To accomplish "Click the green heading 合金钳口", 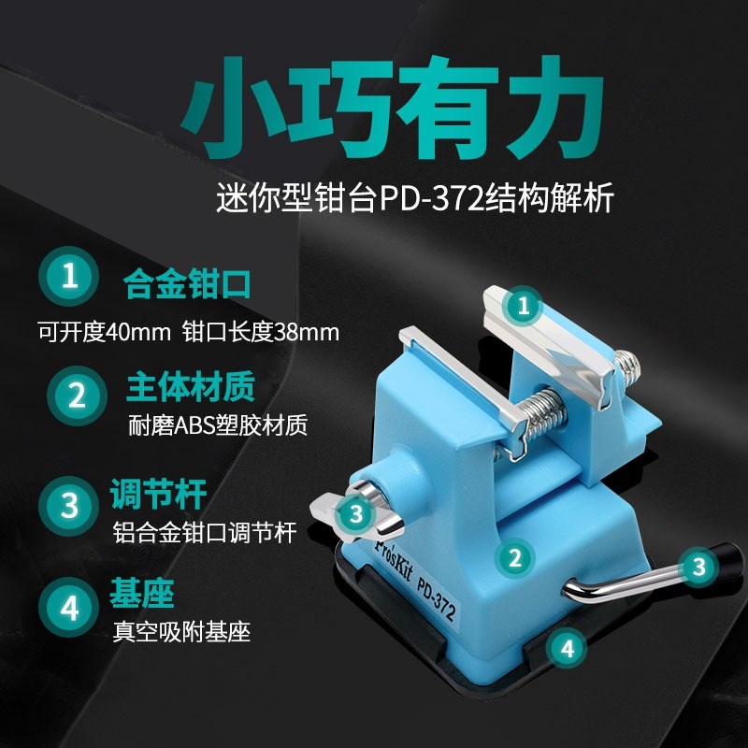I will click(187, 281).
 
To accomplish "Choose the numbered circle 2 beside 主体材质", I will click(68, 394).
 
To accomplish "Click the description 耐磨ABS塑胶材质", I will click(217, 426).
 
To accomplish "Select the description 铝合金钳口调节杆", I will click(203, 533).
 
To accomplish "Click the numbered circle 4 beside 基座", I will click(68, 609).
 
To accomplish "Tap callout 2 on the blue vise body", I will click(512, 559).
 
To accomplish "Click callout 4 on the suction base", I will click(568, 645).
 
